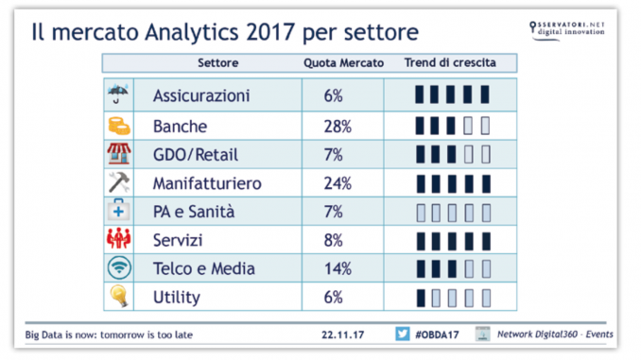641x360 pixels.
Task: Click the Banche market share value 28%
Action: coord(338,127)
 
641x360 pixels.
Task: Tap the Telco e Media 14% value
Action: coord(338,269)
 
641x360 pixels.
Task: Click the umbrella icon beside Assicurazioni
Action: coord(118,94)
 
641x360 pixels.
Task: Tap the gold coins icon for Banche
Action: coord(119,126)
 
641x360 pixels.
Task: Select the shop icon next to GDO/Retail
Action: coord(119,154)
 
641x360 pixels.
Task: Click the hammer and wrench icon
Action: coord(119,182)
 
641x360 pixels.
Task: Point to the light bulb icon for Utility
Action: coord(119,296)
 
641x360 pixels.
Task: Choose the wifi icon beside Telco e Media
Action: coord(119,267)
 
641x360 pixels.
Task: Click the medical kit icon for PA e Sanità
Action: coord(118,210)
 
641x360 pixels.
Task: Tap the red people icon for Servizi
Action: coord(118,239)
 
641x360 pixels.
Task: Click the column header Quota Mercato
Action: coord(343,63)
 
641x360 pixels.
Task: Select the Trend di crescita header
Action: coord(450,62)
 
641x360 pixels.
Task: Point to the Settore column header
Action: coord(217,63)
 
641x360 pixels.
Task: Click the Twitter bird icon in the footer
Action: coord(402,334)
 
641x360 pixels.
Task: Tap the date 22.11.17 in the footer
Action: coord(342,334)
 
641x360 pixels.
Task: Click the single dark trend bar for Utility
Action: coord(421,298)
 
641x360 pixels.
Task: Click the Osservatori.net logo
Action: coord(566,30)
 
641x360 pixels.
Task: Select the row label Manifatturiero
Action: coord(207,183)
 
